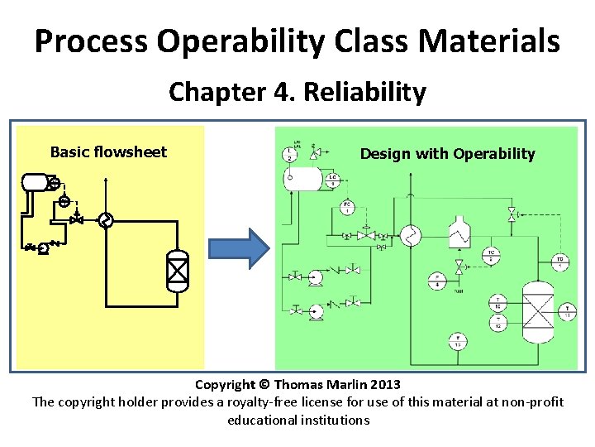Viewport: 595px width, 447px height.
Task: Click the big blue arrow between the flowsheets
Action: coord(238,247)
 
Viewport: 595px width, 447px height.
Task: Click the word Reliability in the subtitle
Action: coord(364,92)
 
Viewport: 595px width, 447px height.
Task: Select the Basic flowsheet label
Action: coord(108,151)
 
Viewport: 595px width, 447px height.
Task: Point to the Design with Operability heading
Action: coord(447,153)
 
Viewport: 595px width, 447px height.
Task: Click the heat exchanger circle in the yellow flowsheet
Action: coord(104,220)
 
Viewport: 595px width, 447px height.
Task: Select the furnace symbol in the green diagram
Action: coord(457,234)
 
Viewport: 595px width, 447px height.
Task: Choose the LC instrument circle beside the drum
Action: coord(332,180)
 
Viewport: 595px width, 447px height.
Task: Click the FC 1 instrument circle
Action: coord(347,207)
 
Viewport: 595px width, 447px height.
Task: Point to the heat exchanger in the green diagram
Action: coord(410,237)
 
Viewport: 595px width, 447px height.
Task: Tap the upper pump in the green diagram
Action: coord(316,274)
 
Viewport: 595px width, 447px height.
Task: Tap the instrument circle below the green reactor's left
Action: coord(455,339)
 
